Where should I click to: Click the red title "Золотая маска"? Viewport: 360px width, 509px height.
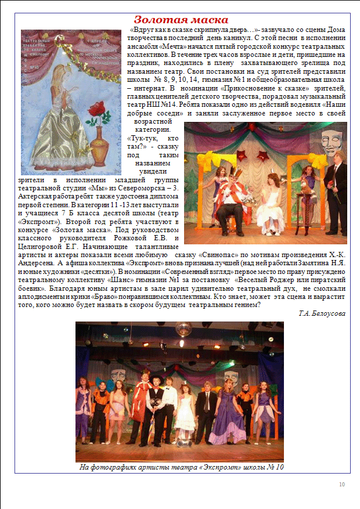pyautogui.click(x=181, y=20)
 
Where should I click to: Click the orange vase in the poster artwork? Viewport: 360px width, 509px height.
pyautogui.click(x=96, y=145)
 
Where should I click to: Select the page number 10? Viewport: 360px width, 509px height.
pyautogui.click(x=342, y=485)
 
